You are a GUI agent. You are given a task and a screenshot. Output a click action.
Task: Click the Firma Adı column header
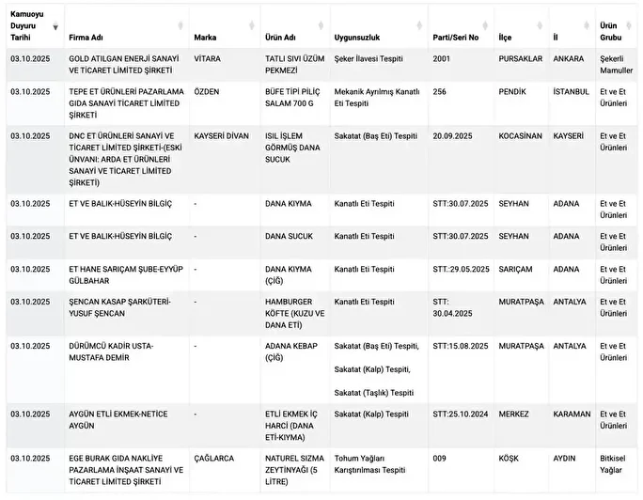pos(86,38)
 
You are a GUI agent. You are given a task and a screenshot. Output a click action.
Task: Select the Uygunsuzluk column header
pos(356,38)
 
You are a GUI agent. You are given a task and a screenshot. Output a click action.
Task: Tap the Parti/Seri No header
pos(456,38)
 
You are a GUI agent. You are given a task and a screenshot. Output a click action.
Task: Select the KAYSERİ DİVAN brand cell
pos(221,135)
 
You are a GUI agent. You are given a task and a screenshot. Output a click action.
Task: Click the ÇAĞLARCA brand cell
pos(214,458)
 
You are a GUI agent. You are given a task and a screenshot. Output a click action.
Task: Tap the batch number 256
pos(440,91)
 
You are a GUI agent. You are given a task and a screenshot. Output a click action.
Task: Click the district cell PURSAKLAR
pos(520,58)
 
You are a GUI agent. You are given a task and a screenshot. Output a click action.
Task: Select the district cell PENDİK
pos(512,91)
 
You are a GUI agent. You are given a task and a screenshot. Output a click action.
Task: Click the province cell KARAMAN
pos(572,414)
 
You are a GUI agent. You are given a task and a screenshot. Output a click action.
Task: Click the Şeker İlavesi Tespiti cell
pos(369,58)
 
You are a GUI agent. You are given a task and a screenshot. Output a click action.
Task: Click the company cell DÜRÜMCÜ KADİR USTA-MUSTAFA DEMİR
pos(110,351)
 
